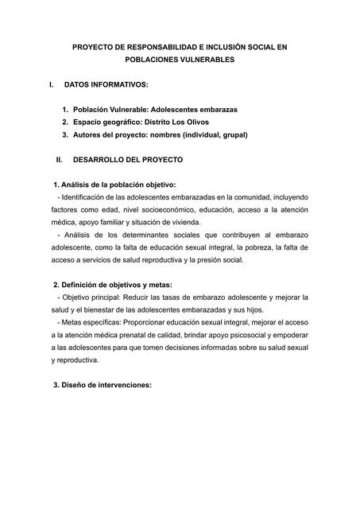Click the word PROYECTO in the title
(x=94, y=48)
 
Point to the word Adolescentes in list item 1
(x=175, y=108)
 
